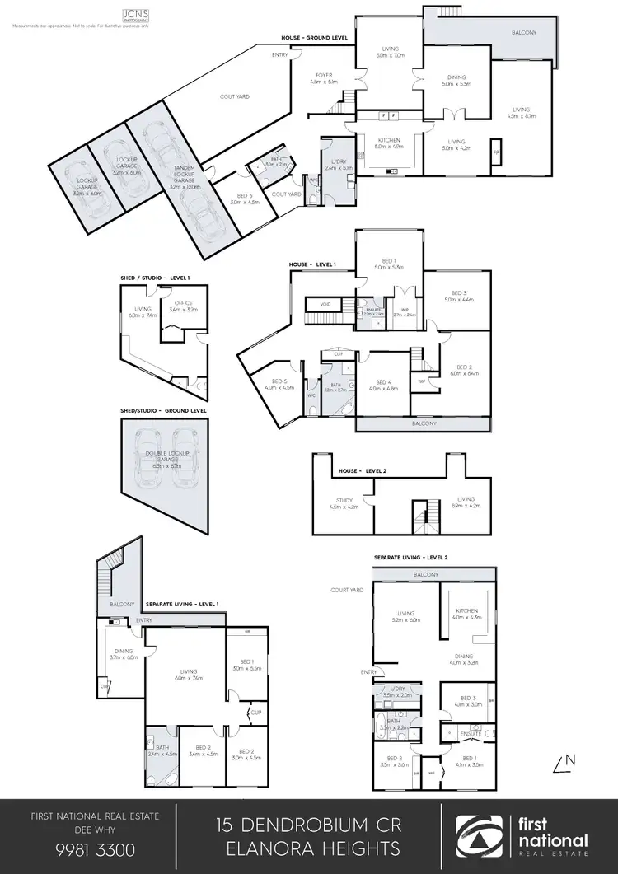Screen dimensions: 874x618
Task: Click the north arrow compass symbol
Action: click(x=564, y=763)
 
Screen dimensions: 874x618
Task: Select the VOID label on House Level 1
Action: click(x=325, y=304)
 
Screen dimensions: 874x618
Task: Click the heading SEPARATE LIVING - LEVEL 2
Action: click(x=411, y=558)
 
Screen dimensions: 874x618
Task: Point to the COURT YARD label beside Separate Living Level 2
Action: click(x=347, y=590)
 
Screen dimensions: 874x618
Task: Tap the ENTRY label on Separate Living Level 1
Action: click(x=145, y=619)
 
